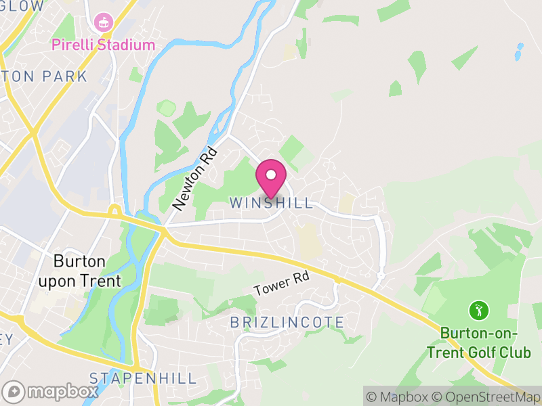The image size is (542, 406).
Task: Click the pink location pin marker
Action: [271, 178]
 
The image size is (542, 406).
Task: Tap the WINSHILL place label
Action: [272, 203]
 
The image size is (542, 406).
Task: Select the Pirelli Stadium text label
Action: [104, 45]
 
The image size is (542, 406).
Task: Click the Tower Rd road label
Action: [281, 285]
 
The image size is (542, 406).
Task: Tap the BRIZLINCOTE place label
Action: [287, 322]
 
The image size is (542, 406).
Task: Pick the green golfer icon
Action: [479, 311]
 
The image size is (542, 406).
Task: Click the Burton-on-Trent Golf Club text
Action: [479, 342]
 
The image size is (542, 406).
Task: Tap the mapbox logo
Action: [50, 391]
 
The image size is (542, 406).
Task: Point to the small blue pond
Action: [520, 50]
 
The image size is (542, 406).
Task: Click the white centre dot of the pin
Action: [271, 175]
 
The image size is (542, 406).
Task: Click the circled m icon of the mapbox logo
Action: [14, 391]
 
